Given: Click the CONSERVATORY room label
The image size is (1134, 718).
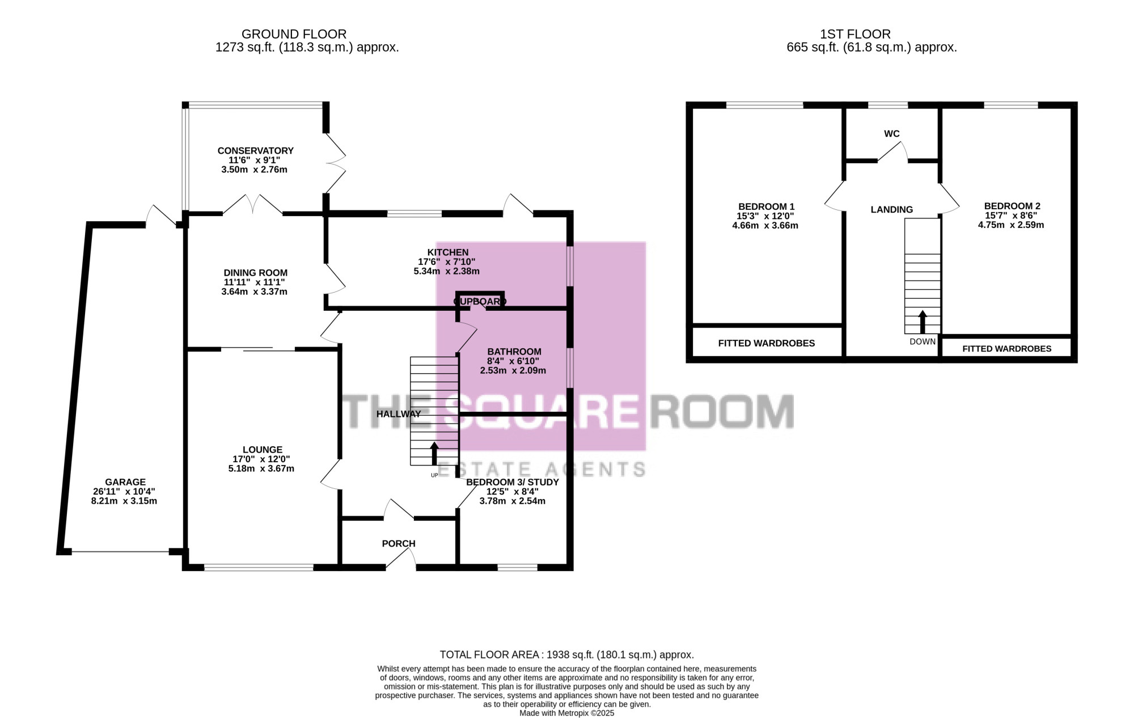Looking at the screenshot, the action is coord(256,151).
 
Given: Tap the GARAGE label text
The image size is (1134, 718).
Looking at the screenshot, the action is coord(125,482).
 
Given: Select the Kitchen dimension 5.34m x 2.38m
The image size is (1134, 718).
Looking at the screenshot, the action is coord(447,271).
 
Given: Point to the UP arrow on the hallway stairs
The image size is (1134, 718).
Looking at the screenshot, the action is coord(435,454).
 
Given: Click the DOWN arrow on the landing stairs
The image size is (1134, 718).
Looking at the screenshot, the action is coord(923,322).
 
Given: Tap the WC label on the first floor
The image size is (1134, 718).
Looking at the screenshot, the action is coord(892,134).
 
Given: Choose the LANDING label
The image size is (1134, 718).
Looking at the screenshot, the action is coord(892,210).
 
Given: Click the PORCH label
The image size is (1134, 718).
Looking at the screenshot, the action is coord(399,543).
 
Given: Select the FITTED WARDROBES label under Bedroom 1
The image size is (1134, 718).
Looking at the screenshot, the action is coord(767,343).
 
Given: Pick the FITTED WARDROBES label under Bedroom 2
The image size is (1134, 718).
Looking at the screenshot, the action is coord(1007,349).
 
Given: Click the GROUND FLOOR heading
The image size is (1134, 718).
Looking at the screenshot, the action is coord(294,35).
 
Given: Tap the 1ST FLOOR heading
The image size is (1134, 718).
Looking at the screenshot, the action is coord(871,35).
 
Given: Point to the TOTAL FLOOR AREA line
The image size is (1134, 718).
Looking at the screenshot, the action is coord(567,655).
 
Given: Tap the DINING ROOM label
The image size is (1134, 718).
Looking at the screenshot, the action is coord(256,273).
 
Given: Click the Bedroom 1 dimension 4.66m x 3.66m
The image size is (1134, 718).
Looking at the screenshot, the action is coord(765,225).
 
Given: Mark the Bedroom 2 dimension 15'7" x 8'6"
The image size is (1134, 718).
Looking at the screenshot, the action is coord(1012,216).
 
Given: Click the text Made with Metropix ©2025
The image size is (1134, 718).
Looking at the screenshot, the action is coord(567,713).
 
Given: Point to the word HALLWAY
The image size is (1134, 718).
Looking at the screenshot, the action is coord(399,414).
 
